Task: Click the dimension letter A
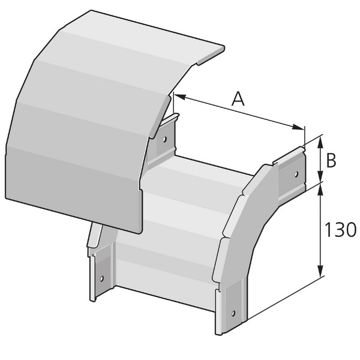pyautogui.click(x=238, y=98)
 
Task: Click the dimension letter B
pyautogui.click(x=331, y=160)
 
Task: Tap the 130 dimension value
pyautogui.click(x=340, y=230)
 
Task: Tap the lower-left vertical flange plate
pyautogui.click(x=100, y=273)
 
